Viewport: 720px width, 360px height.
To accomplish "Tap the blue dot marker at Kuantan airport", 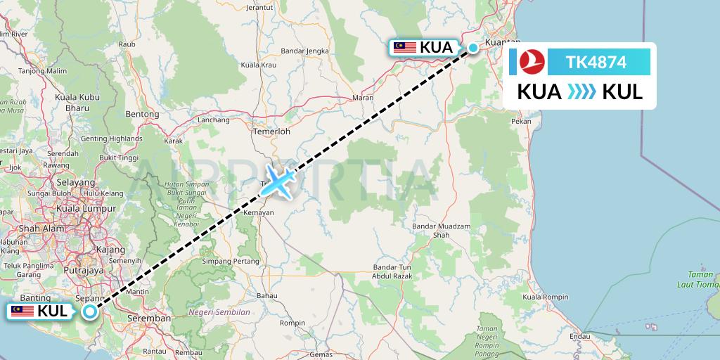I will point(473,48).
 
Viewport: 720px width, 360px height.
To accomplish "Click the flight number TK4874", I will point(596,62).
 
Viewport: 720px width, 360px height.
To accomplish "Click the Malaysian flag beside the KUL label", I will point(22,311).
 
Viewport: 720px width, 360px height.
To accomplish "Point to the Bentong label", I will point(142,113).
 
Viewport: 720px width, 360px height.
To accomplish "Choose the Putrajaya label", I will point(84,269).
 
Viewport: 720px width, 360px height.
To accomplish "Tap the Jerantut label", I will point(259,8).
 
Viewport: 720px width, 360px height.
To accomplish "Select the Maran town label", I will point(363,98).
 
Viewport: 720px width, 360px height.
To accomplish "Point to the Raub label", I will point(127,44).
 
